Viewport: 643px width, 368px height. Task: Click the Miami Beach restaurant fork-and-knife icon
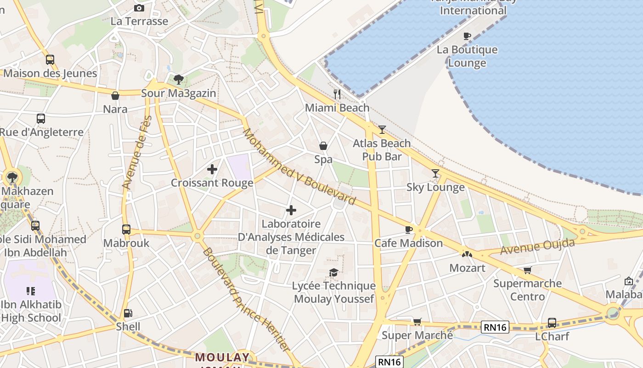337,94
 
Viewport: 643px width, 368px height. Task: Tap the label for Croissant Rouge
212,183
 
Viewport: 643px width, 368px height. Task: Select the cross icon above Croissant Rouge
212,169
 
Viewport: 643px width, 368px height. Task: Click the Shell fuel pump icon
128,313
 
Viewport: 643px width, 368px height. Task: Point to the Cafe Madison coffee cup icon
409,230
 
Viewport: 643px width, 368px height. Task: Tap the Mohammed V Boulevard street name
299,167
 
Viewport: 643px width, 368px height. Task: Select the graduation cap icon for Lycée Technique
334,272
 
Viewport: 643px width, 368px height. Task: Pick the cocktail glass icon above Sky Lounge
435,173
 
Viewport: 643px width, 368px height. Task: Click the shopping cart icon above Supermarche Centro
527,270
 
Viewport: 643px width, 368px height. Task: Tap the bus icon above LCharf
552,323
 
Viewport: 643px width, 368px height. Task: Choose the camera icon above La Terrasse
139,8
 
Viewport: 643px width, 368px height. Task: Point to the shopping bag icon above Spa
323,146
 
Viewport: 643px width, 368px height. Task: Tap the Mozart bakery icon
467,254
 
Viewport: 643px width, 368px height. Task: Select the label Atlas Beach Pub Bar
382,150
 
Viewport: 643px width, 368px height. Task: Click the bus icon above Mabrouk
126,230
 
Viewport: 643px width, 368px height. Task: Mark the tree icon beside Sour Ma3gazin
179,80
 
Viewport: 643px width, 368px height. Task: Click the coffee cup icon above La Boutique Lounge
467,36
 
